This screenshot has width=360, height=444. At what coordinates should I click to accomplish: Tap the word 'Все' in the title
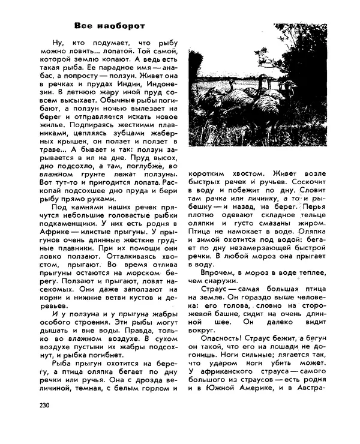click(x=83, y=26)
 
